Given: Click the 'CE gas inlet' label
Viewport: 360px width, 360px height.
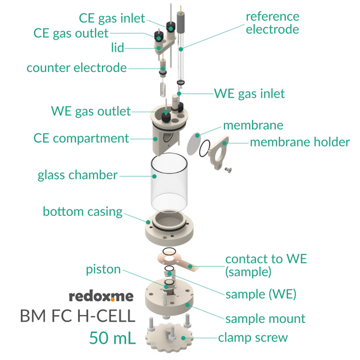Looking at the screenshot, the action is [112, 19].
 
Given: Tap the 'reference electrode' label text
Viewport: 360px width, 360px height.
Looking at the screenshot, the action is [272, 23].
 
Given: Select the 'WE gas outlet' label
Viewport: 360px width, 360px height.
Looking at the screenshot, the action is [91, 112].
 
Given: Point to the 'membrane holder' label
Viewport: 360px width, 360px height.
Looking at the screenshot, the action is [300, 142].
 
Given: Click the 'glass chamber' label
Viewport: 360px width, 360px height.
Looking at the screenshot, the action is [77, 175].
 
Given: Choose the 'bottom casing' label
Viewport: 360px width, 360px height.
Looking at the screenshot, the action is [83, 211].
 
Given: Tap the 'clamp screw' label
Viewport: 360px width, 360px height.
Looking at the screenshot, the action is [253, 337].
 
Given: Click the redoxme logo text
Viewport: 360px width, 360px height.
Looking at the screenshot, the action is [101, 296].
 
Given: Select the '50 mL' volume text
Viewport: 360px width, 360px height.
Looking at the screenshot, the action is [112, 337].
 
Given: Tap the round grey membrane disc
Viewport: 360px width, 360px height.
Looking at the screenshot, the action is [194, 144].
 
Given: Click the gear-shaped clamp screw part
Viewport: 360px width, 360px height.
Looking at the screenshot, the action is [169, 337].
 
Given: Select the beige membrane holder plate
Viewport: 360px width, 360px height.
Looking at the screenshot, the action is [218, 152].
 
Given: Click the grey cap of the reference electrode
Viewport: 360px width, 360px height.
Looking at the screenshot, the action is [181, 22].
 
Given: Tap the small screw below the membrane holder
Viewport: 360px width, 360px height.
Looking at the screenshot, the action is [228, 170].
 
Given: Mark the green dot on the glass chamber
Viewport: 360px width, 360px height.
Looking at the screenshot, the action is [155, 176].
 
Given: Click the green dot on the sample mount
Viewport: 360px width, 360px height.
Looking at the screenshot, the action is [188, 305].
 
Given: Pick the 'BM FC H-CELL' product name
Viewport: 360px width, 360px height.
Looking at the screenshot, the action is [78, 316].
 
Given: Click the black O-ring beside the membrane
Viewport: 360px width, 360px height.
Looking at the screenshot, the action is [205, 148].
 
